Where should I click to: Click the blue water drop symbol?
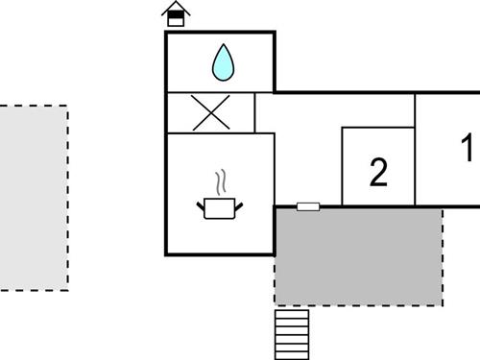tap(223, 63)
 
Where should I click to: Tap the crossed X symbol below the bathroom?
tap(211, 112)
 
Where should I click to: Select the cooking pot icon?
tap(221, 206)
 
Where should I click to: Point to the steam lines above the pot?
tap(222, 181)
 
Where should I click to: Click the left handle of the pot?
tap(201, 203)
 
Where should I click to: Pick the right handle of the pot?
tap(242, 203)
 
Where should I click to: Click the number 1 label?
tap(467, 150)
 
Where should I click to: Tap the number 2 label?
tap(378, 172)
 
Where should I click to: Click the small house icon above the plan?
tap(175, 14)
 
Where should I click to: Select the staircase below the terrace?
tap(292, 331)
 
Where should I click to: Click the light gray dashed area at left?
tap(33, 197)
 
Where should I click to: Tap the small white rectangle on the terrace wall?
tap(308, 205)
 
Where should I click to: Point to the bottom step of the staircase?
tap(292, 351)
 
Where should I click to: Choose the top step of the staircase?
tap(292, 313)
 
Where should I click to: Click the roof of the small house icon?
tap(175, 7)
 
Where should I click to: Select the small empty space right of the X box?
tap(265, 112)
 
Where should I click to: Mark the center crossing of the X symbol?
tap(211, 112)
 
